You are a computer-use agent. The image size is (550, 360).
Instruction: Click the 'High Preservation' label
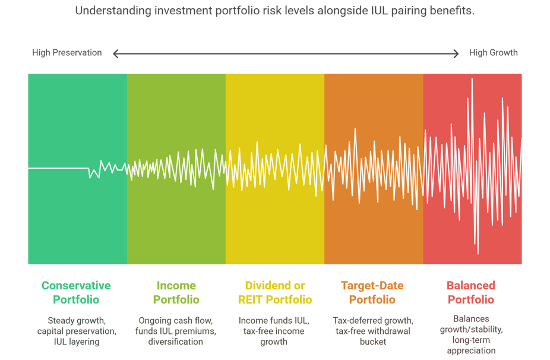click(67, 53)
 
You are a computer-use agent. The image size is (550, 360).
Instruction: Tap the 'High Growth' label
click(493, 53)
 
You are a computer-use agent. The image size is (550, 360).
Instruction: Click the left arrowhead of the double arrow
click(116, 53)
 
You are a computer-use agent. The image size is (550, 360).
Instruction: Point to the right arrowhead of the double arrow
click(456, 53)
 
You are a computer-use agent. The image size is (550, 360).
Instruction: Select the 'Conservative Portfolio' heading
click(76, 292)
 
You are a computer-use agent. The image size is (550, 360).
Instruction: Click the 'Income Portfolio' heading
click(176, 292)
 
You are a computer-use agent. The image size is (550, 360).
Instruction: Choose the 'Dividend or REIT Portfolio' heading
click(274, 292)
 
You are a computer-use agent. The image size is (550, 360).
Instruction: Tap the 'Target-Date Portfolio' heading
click(372, 292)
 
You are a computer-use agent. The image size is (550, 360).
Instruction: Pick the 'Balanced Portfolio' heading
click(471, 292)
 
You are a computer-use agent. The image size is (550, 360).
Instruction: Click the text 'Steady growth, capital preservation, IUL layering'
click(76, 331)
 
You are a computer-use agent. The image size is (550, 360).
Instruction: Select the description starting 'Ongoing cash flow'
click(176, 331)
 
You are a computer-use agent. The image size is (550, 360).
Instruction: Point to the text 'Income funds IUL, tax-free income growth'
click(274, 331)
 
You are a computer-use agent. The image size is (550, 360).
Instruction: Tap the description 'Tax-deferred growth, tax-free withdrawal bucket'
click(372, 331)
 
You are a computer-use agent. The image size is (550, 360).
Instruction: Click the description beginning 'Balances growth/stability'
click(471, 334)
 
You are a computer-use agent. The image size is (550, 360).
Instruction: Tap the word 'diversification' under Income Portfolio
click(176, 342)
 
